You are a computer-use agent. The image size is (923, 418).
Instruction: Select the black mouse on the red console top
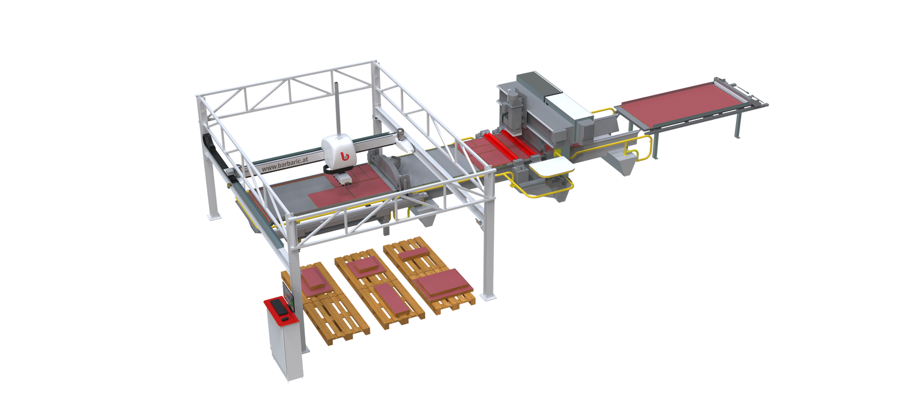pos(285,319)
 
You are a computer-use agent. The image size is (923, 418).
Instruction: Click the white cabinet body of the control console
pos(284,346)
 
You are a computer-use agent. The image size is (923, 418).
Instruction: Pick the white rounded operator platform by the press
pos(551,167)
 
